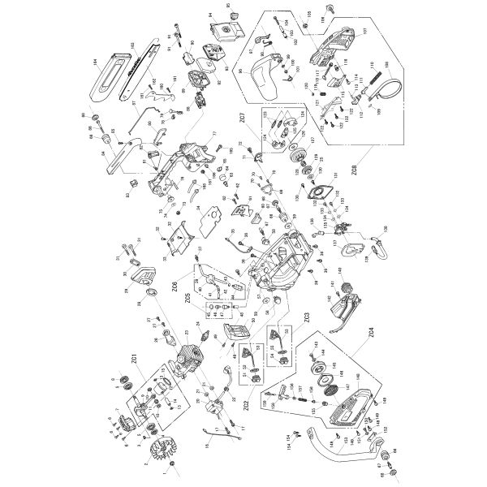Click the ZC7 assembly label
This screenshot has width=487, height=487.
pyautogui.click(x=243, y=119)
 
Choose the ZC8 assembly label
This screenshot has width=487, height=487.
pyautogui.click(x=355, y=171)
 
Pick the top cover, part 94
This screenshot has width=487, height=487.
pyautogui.click(x=223, y=32)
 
